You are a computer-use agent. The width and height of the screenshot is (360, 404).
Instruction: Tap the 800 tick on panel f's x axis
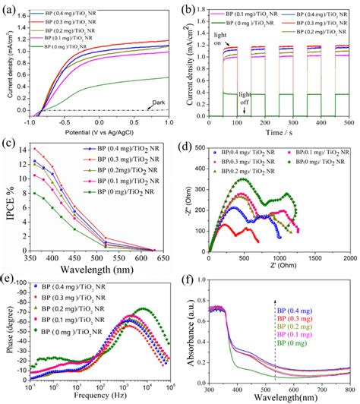pos(348,386)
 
